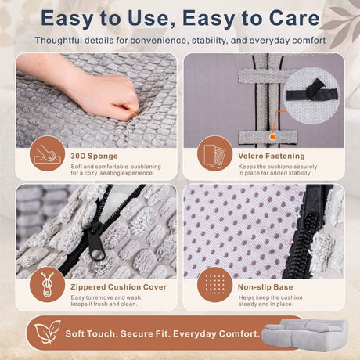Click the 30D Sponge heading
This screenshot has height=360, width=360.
click(x=94, y=156)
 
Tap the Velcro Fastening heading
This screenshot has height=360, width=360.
click(x=272, y=156)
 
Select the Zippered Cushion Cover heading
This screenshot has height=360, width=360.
click(x=118, y=287)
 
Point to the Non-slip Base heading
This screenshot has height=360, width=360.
click(x=265, y=287)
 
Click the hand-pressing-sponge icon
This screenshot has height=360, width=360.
click(x=47, y=154)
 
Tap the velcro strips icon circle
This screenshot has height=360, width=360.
click(x=214, y=154)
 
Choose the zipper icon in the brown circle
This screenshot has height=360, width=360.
click(x=47, y=285)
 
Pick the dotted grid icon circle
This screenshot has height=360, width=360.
click(x=214, y=285)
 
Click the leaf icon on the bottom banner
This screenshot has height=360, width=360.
click(x=47, y=332)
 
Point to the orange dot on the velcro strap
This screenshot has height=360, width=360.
click(x=272, y=137)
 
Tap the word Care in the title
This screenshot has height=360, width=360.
click(x=294, y=18)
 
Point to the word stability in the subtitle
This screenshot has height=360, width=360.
click(x=209, y=41)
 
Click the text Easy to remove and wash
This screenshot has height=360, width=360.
click(x=106, y=297)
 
